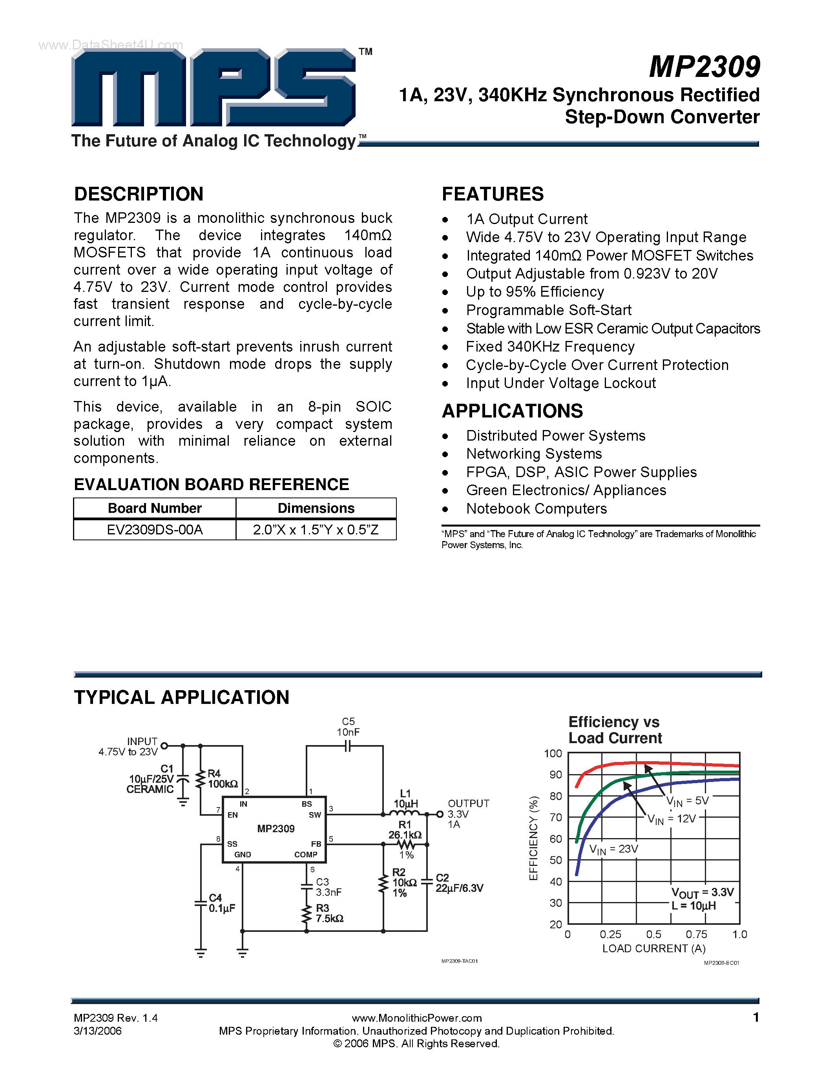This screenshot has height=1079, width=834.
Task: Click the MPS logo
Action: coord(214,87)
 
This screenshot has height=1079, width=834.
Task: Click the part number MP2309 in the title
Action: coord(704,67)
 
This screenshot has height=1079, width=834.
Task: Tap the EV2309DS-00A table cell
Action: coord(155,530)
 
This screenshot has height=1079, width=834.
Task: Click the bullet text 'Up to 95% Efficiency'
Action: coord(535,292)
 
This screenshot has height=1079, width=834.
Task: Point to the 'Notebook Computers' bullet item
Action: coord(536,509)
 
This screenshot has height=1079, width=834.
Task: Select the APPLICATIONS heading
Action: coord(512,411)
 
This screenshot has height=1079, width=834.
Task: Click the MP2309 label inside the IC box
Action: coord(276,829)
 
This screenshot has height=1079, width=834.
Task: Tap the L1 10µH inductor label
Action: coord(405,798)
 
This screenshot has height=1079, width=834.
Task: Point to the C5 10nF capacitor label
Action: coord(349,727)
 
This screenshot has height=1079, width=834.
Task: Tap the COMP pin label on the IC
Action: coord(306,855)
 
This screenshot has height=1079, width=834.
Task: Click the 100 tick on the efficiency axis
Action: coord(553,753)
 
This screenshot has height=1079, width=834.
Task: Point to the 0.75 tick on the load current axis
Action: coord(696,934)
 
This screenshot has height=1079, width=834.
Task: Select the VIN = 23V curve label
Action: coord(614,849)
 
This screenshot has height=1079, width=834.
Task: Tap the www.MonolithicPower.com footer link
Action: coord(416,1018)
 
